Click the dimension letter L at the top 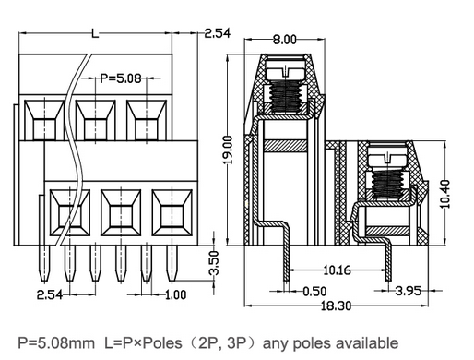tap(95, 34)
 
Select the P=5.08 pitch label tap(119, 78)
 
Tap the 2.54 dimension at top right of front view tap(217, 33)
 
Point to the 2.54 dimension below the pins tap(50, 294)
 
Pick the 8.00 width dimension tap(284, 39)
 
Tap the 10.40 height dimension tap(446, 193)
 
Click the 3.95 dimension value tap(408, 291)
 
